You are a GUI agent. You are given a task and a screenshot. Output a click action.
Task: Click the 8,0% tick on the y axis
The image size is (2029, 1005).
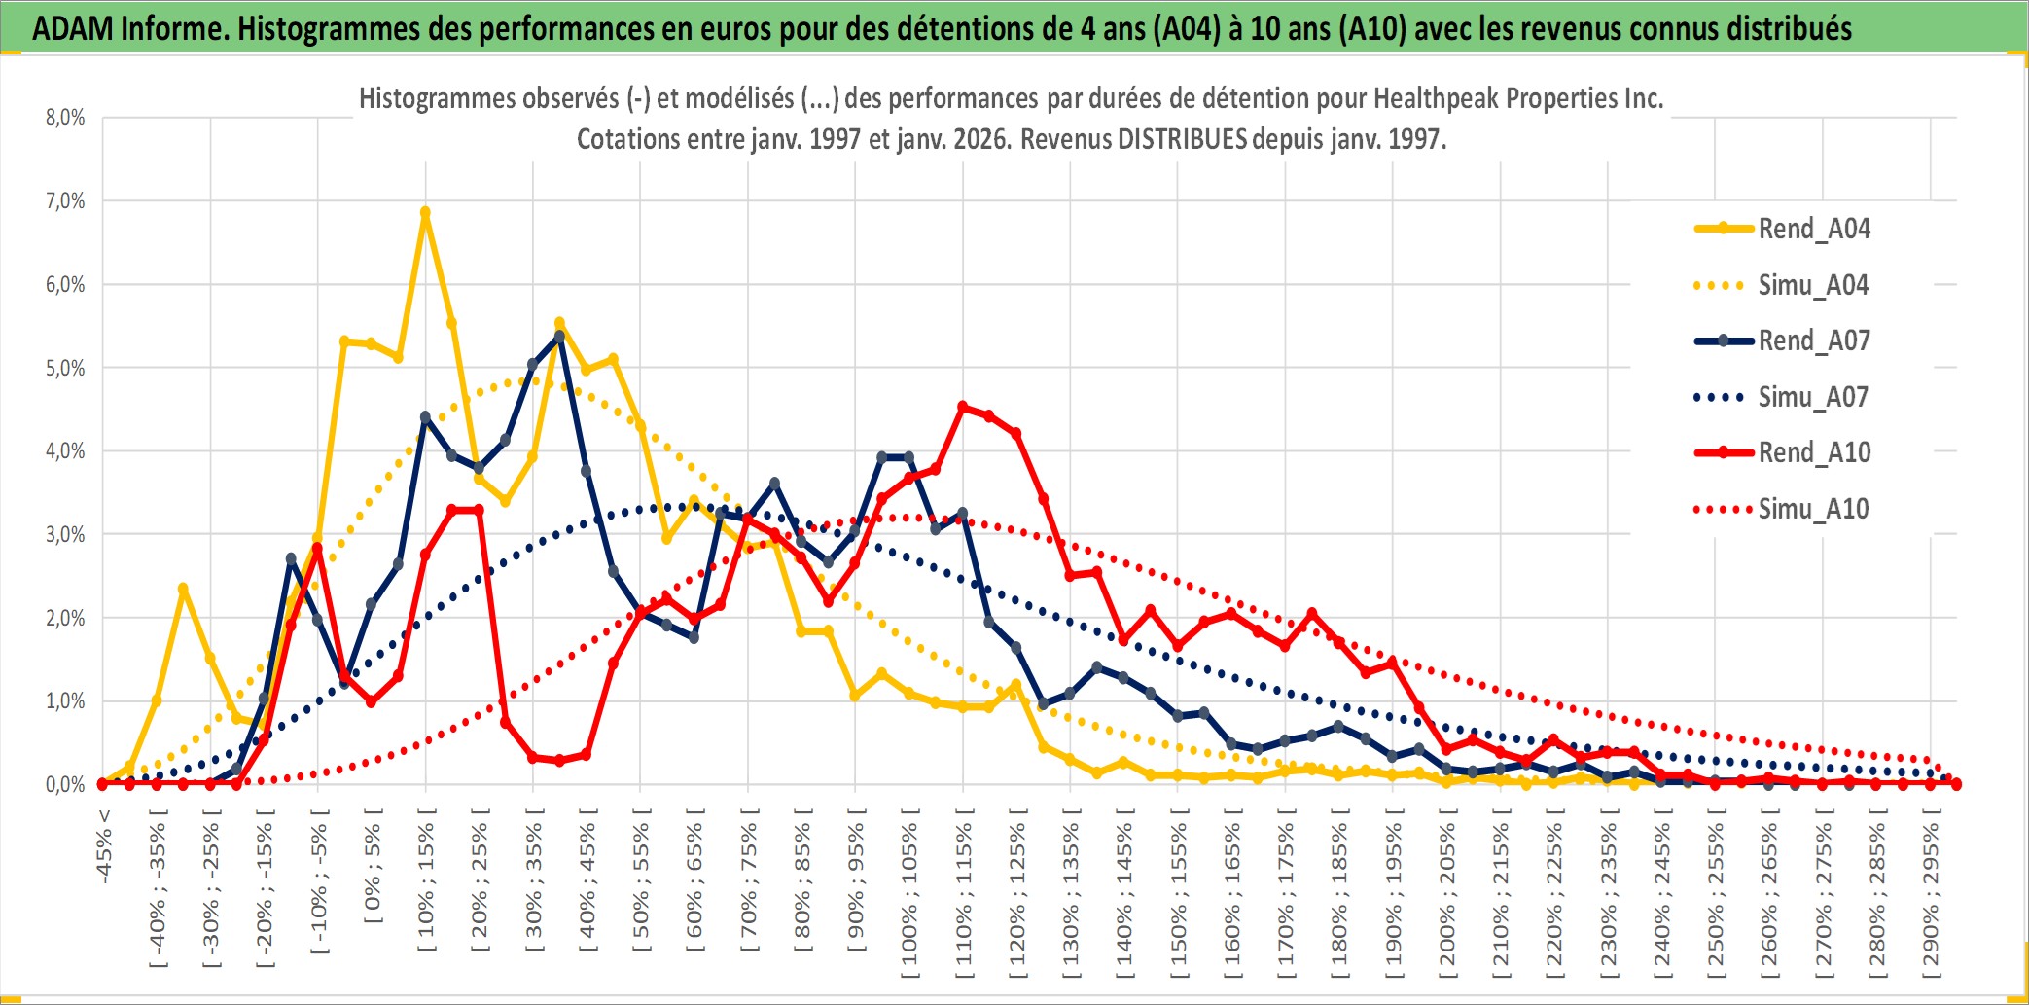[x=65, y=118]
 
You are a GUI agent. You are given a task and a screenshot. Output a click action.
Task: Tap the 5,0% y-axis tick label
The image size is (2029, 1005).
[x=65, y=368]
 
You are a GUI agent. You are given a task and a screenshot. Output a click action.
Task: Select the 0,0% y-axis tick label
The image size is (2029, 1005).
[x=65, y=784]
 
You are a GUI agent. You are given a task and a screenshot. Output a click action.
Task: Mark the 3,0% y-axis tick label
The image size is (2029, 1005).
[x=65, y=534]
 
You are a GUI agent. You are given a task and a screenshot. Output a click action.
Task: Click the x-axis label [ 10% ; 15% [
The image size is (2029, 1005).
[x=426, y=885]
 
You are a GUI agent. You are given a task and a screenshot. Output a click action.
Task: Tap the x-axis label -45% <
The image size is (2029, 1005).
[x=104, y=846]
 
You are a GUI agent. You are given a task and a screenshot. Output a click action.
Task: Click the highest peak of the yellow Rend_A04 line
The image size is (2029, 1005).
[x=425, y=212]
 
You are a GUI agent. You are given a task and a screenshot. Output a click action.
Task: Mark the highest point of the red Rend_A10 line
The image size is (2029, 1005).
[x=963, y=407]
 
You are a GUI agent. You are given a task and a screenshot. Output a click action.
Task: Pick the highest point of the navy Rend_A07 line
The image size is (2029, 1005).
[x=559, y=336]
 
